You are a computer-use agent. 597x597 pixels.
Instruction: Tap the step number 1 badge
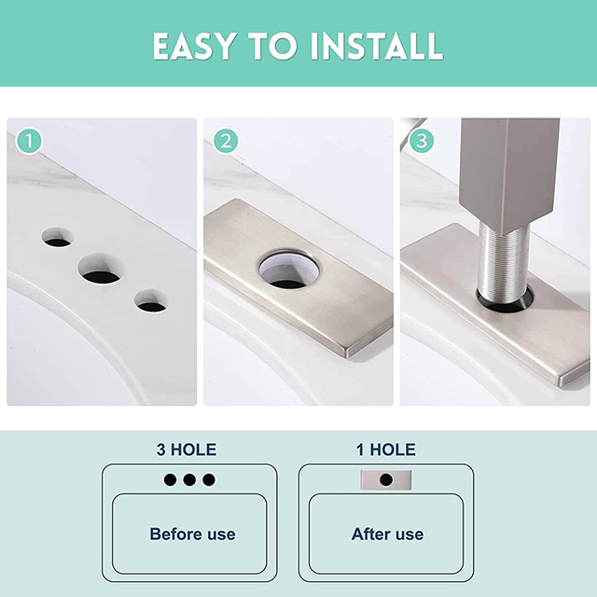coord(30,142)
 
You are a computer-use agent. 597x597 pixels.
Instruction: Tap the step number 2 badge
coord(225,142)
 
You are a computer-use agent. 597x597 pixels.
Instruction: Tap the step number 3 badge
coord(423,142)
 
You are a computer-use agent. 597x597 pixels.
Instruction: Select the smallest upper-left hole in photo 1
coord(57,238)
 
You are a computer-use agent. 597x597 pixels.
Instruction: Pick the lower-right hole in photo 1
coord(149,301)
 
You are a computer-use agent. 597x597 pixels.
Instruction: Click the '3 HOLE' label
coord(187,451)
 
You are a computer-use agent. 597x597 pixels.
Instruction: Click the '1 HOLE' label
coord(385,451)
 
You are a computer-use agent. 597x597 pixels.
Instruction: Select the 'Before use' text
coord(192,535)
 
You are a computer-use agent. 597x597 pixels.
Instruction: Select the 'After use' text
coord(387,535)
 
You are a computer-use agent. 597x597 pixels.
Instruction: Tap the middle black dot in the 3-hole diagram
coord(189,479)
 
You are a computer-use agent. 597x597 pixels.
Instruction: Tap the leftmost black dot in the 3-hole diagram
coord(171,479)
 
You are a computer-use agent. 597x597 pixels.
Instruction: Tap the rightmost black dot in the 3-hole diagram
coord(208,479)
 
